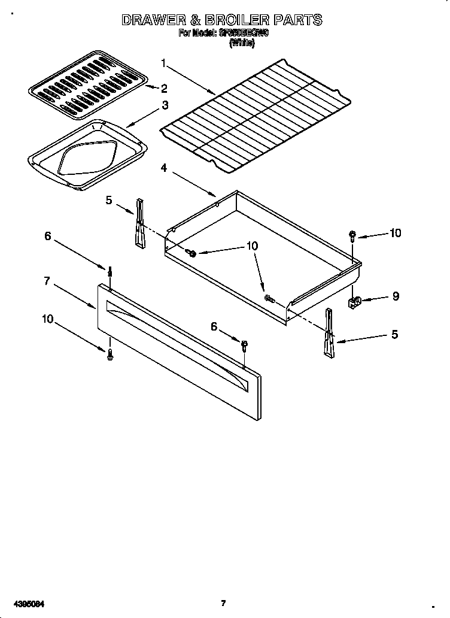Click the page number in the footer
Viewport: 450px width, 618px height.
point(223,602)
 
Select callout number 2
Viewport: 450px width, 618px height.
point(163,89)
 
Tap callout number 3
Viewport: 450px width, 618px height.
point(165,105)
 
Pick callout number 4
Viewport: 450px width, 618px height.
point(163,168)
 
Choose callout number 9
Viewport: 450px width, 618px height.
point(396,296)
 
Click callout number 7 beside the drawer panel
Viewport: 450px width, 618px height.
point(47,281)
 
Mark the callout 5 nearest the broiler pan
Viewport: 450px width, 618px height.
point(109,200)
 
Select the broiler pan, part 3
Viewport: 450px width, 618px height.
point(87,154)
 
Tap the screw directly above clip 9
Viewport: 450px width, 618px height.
point(353,236)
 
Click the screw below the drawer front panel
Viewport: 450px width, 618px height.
point(110,356)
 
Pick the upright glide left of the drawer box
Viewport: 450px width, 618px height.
point(140,222)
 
